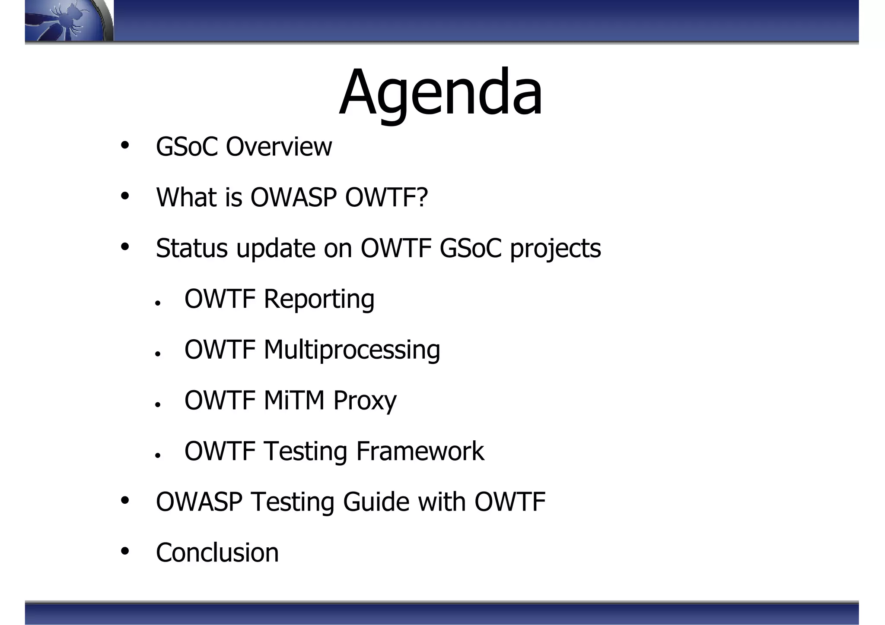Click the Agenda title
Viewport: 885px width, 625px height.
click(x=440, y=93)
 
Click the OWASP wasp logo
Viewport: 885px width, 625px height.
click(x=67, y=21)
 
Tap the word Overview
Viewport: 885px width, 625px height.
click(x=279, y=147)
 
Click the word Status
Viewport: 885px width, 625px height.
click(x=191, y=248)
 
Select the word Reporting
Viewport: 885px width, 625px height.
click(x=319, y=299)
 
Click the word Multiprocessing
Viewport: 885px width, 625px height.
click(x=352, y=350)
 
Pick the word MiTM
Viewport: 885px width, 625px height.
click(x=294, y=400)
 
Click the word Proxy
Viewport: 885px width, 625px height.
click(x=365, y=401)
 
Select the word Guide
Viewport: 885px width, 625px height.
click(x=376, y=502)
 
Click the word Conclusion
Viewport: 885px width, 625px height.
click(x=217, y=552)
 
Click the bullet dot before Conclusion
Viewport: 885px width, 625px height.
click(x=125, y=551)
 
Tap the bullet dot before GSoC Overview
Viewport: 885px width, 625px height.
click(x=125, y=145)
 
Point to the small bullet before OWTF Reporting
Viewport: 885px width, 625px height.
click(x=158, y=303)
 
